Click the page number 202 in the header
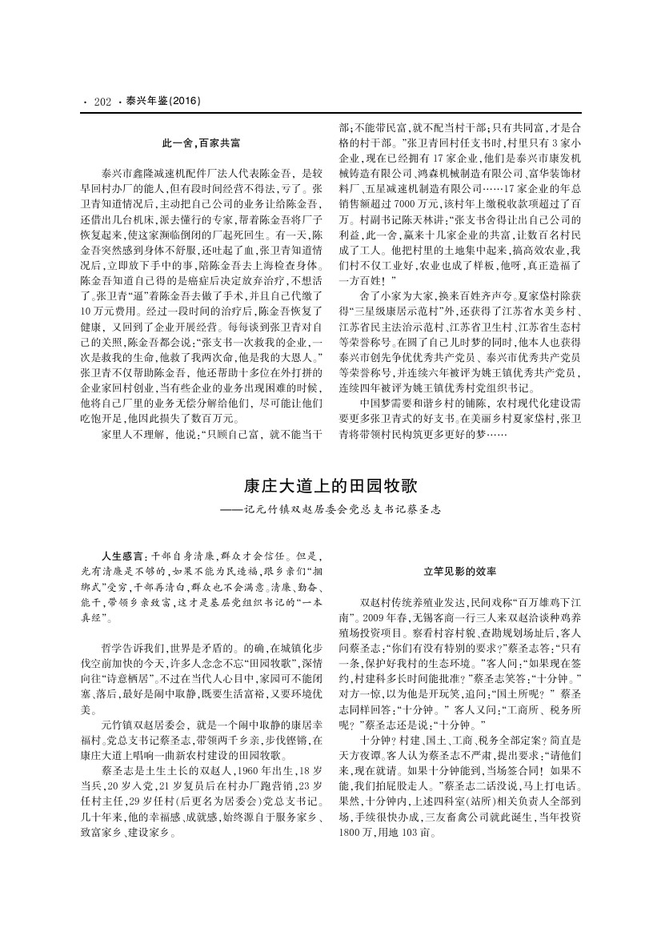[x=101, y=102]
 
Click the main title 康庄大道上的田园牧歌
[x=330, y=486]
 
